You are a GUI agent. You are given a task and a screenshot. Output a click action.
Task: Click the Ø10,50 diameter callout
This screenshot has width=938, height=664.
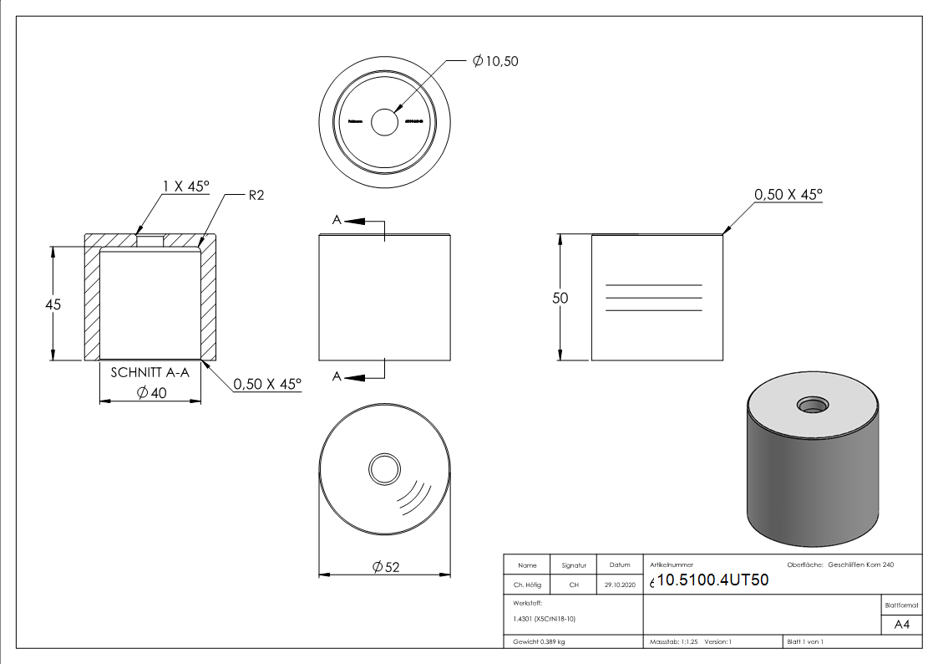coord(495,61)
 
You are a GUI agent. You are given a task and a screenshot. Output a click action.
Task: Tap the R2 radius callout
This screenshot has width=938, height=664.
coord(256,195)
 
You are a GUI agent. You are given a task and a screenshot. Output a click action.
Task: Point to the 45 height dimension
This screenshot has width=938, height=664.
coord(53,305)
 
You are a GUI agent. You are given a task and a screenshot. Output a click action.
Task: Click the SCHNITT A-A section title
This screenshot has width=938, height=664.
coord(150,374)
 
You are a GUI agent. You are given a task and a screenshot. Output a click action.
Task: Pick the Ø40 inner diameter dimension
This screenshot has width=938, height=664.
coord(152,392)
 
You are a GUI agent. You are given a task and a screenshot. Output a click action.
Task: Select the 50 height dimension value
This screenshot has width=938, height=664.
coord(560,299)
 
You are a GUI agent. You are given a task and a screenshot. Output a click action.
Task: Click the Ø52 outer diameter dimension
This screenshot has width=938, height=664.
coord(386,567)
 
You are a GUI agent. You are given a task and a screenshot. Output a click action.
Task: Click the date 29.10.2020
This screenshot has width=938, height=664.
coord(619,585)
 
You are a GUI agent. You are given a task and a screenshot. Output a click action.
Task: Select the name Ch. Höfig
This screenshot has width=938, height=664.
coord(527,585)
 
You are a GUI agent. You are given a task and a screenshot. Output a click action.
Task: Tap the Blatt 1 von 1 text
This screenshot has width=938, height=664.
coord(805,642)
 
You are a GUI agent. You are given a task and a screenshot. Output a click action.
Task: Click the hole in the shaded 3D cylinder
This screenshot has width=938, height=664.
coord(812,406)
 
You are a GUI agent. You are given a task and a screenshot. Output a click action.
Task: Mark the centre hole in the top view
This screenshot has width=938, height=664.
coord(385,123)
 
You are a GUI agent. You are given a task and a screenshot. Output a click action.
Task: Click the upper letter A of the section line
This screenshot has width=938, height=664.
coord(336,221)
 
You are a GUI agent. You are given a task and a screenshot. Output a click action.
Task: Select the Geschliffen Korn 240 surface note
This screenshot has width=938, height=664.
coord(860,565)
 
